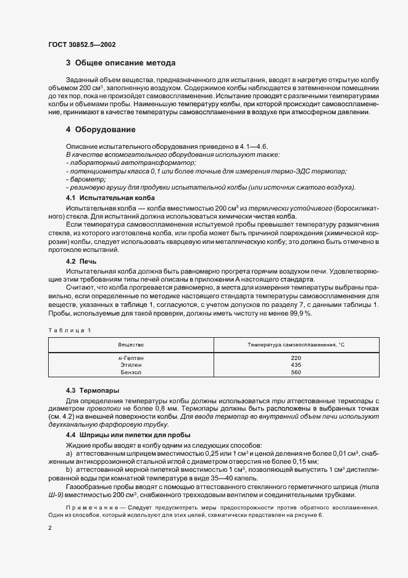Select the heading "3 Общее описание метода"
(x=120, y=63)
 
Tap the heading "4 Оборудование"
(x=102, y=130)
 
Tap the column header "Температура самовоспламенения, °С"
(x=296, y=343)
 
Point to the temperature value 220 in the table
(x=296, y=358)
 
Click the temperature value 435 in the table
(x=296, y=365)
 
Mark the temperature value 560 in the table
(x=296, y=372)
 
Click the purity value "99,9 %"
(x=300, y=314)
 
